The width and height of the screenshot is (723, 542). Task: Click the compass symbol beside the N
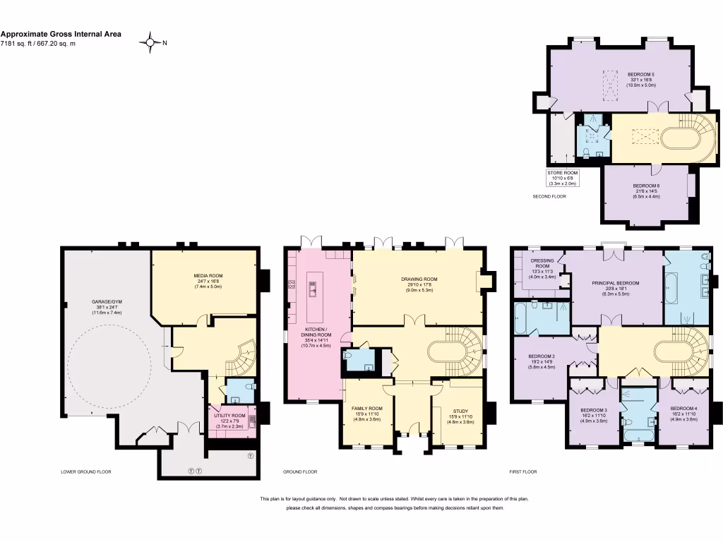(x=150, y=42)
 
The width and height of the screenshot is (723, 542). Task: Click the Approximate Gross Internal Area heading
(x=61, y=33)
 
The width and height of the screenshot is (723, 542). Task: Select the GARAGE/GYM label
(x=106, y=302)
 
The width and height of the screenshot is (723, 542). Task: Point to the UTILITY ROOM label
(x=229, y=416)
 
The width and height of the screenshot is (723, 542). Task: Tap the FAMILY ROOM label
(x=366, y=409)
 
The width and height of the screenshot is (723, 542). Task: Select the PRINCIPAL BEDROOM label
(x=615, y=283)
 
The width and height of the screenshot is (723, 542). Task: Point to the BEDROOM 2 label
(x=541, y=357)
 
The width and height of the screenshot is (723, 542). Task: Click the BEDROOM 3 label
(x=593, y=410)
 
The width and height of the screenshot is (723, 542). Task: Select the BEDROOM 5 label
(x=641, y=74)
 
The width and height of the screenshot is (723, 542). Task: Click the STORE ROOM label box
(x=562, y=178)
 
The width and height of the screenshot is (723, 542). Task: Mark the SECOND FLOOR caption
(x=549, y=196)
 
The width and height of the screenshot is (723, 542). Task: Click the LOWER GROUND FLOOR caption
(x=86, y=471)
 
